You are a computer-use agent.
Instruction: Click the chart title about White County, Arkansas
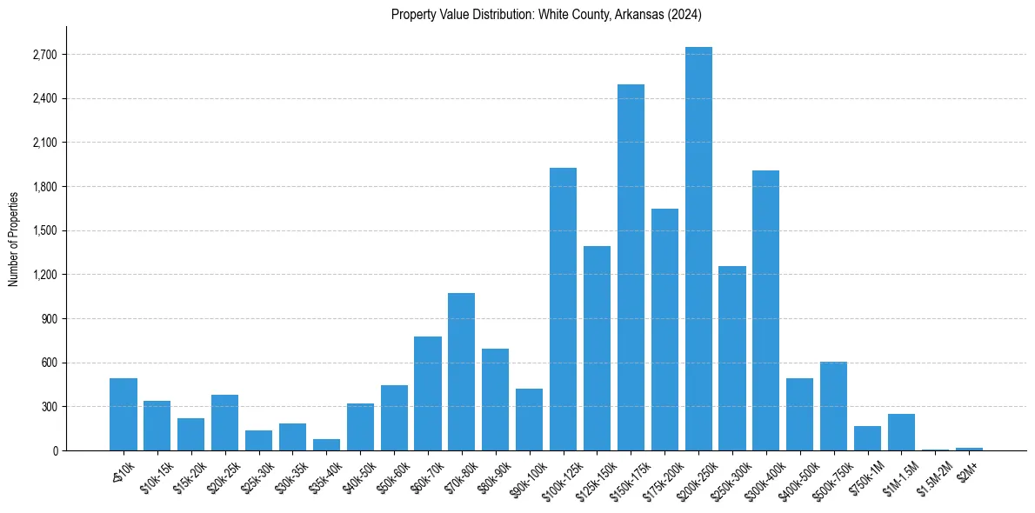(x=546, y=15)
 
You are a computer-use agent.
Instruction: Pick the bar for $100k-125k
(x=563, y=310)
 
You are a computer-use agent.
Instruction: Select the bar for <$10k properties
(x=124, y=415)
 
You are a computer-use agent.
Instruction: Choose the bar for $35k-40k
(x=326, y=445)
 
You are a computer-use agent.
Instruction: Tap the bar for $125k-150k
(x=597, y=349)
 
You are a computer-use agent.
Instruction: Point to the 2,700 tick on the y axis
(x=43, y=55)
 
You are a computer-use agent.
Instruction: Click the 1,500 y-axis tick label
(x=43, y=231)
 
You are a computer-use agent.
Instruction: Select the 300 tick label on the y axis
(x=47, y=407)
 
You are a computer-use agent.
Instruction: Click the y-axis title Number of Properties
(x=14, y=239)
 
